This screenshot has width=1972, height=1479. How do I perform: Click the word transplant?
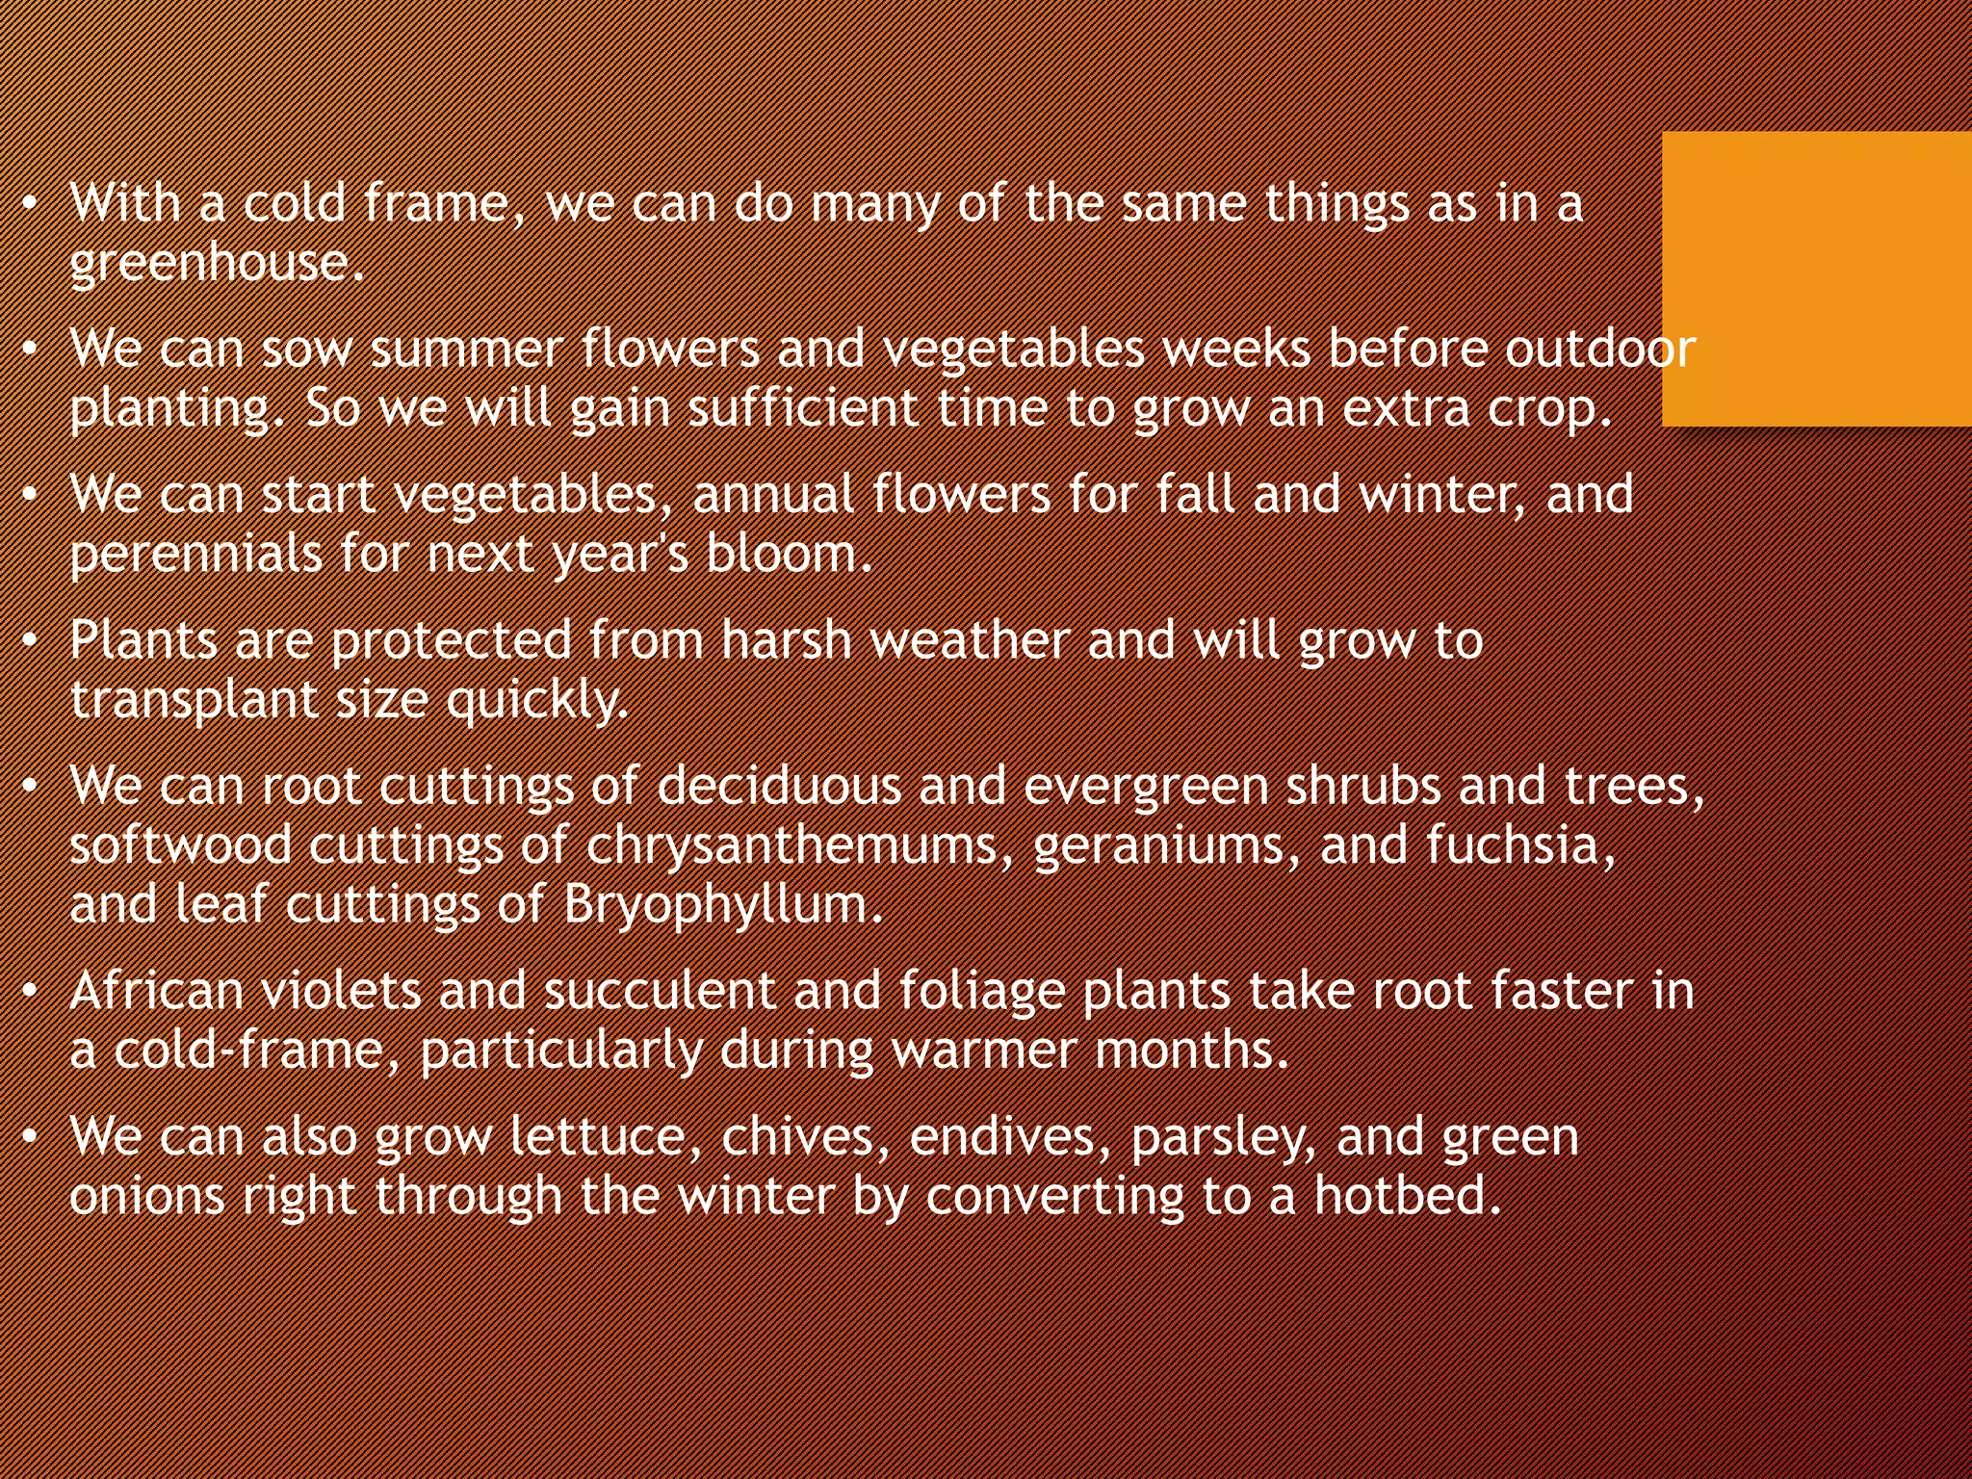(x=194, y=701)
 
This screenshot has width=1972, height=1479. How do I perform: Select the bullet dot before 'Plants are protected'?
(x=31, y=641)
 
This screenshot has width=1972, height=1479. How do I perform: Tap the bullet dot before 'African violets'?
(x=31, y=992)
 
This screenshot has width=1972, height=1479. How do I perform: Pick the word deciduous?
(x=779, y=787)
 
